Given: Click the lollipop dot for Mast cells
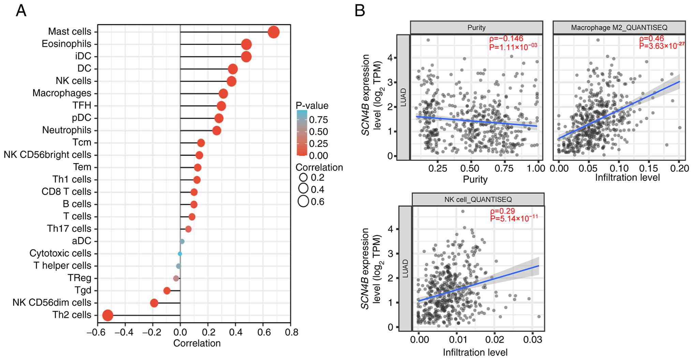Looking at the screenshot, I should coord(274,32).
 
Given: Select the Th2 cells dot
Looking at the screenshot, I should coord(108,315).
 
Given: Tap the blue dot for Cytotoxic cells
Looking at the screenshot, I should coord(180,254).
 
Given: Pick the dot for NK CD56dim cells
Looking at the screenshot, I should coord(154,303).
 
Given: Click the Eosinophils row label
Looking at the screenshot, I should coord(67,44).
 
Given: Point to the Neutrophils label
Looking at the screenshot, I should coord(67,130).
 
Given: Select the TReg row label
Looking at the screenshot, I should coord(79,278).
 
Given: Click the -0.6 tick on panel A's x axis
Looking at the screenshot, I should coord(95,332).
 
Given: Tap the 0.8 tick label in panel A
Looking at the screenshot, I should coord(291,332).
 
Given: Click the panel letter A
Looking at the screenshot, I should coord(21,11).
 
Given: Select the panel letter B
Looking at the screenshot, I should coord(360,11).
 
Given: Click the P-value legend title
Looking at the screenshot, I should coord(312,106).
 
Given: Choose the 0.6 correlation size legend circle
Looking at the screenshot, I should coord(303,201).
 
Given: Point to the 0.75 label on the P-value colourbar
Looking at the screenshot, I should coord(318,120).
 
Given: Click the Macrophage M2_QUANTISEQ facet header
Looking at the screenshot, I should coord(619,28).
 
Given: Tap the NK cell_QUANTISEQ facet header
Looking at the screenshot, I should coord(478,199).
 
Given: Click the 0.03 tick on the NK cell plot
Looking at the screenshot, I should coord(533,339).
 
